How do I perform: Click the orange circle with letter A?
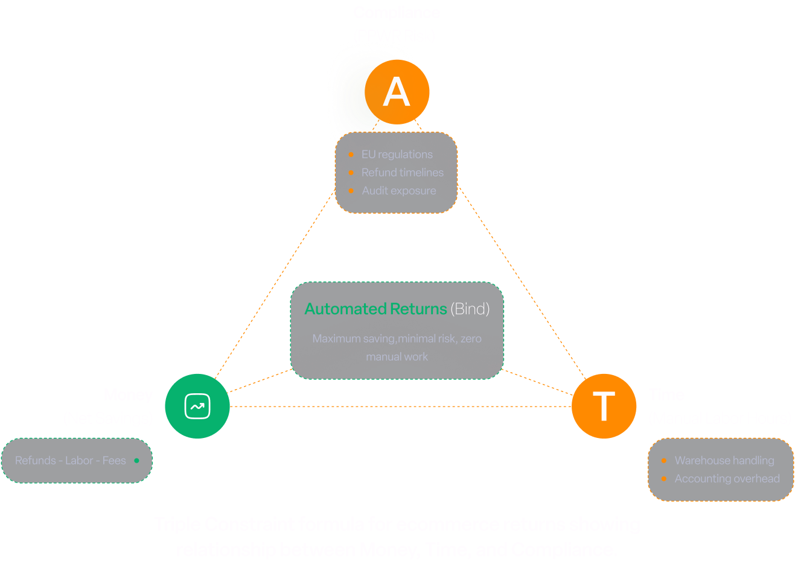(397, 92)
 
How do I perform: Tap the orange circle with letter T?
(604, 406)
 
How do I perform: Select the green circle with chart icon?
(197, 406)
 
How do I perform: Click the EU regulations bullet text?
(397, 155)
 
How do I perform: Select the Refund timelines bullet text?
(402, 173)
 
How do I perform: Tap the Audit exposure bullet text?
(398, 191)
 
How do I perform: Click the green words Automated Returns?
(375, 309)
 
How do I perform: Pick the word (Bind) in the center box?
(470, 309)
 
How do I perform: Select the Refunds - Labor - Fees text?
(70, 461)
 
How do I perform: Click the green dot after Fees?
(136, 461)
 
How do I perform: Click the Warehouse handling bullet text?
(724, 461)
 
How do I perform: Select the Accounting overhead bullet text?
(727, 479)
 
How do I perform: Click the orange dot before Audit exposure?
(351, 191)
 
